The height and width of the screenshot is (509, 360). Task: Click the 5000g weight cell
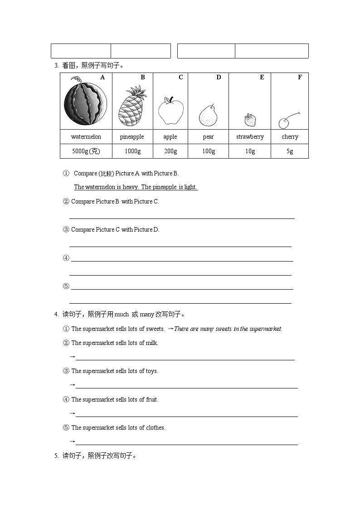pyautogui.click(x=86, y=151)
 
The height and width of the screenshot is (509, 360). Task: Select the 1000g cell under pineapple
pyautogui.click(x=132, y=151)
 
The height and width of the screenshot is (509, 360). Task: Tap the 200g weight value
pyautogui.click(x=170, y=151)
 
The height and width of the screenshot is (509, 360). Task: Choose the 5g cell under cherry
pyautogui.click(x=290, y=151)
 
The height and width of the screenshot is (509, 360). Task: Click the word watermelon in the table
pyautogui.click(x=86, y=136)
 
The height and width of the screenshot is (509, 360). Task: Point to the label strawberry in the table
pyautogui.click(x=250, y=136)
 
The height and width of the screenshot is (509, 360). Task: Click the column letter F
pyautogui.click(x=300, y=78)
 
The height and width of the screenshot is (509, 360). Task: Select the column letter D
pyautogui.click(x=219, y=78)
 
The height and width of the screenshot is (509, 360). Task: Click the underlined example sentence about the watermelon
pyautogui.click(x=136, y=187)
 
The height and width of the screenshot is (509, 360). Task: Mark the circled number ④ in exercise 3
pyautogui.click(x=66, y=258)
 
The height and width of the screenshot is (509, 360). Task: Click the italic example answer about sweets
pyautogui.click(x=228, y=329)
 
